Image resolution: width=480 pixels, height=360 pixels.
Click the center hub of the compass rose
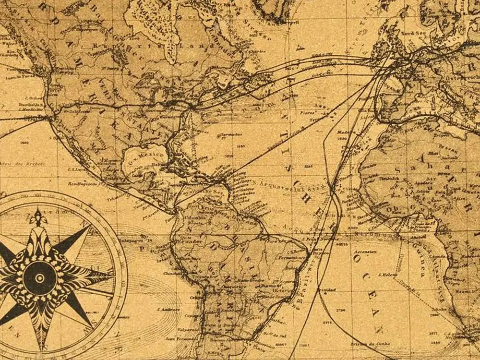pos(39,277)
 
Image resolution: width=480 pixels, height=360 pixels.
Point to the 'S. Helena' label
pos(387,275)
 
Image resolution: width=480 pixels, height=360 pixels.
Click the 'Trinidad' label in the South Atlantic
pos(329,290)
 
